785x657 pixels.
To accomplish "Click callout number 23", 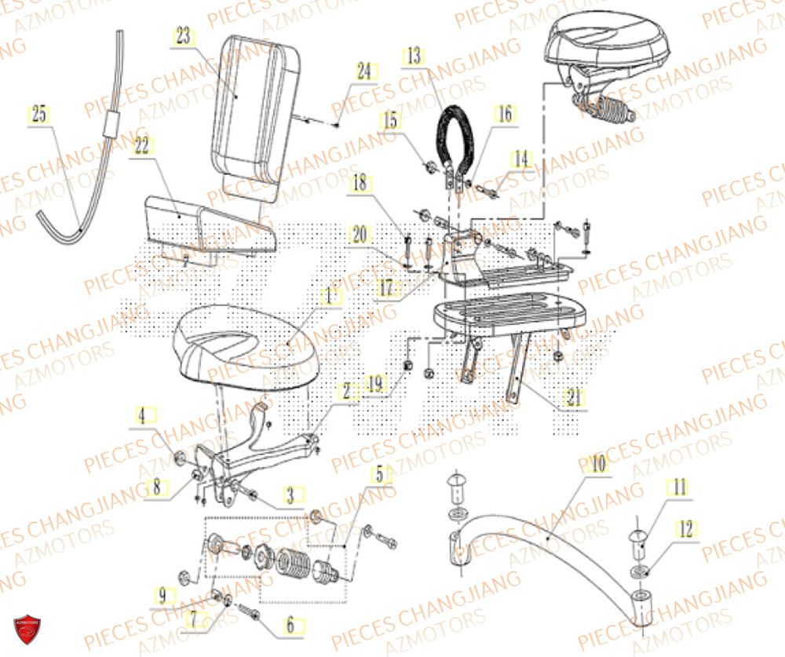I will pos(182,36).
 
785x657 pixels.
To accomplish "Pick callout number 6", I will pos(290,626).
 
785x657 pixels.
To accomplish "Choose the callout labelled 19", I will pos(376,384).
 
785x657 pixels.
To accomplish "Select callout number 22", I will pos(141,146).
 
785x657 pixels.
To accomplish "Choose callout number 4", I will pos(143,415).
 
